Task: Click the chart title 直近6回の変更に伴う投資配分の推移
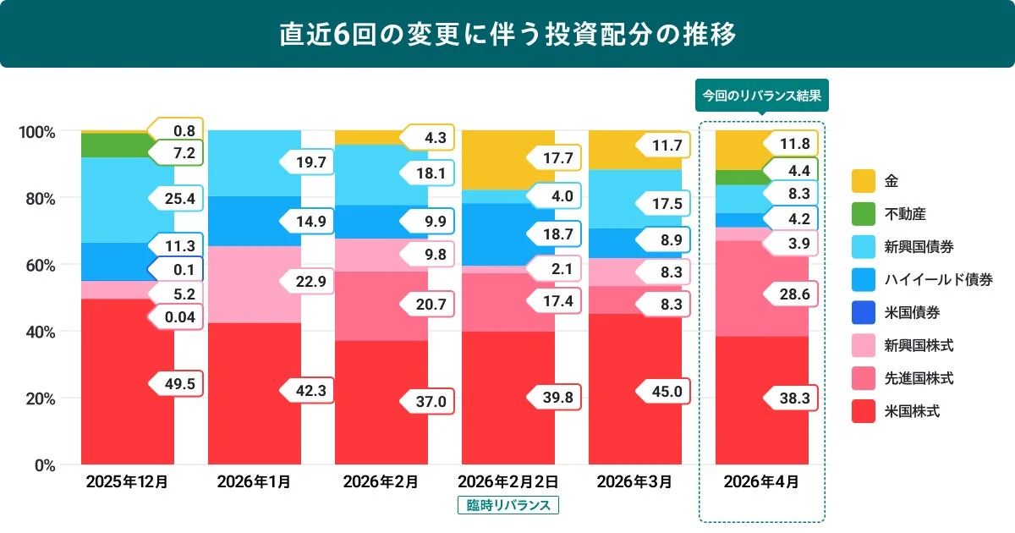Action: [x=507, y=34]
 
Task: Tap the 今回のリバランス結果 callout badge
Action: [x=761, y=96]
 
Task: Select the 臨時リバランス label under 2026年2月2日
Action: [x=507, y=505]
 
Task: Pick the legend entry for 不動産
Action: [x=897, y=214]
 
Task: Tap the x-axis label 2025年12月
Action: [x=127, y=482]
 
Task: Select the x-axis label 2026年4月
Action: [x=761, y=482]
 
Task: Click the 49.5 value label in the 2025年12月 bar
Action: [x=178, y=384]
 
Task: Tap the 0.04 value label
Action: [x=175, y=317]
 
